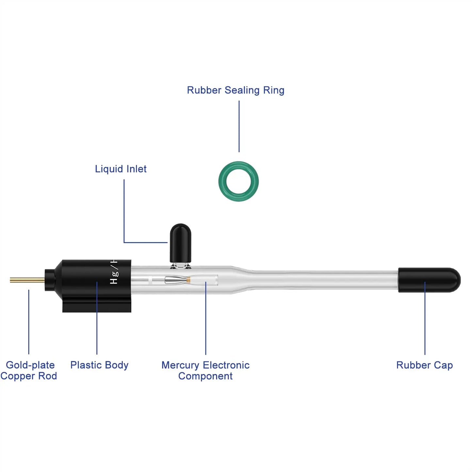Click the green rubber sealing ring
(x=238, y=181)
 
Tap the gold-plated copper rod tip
(x=10, y=280)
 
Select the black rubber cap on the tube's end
(x=429, y=280)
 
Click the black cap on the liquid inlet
(x=180, y=243)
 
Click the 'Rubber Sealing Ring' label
(x=236, y=90)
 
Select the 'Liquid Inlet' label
(x=121, y=169)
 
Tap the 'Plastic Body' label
(x=99, y=365)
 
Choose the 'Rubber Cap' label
(x=425, y=365)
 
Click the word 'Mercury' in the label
(x=180, y=365)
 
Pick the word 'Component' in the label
(x=205, y=376)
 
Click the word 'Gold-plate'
(x=30, y=365)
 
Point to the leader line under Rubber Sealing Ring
(x=239, y=126)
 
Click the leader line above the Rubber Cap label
(x=425, y=318)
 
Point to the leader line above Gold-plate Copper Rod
(x=29, y=322)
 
